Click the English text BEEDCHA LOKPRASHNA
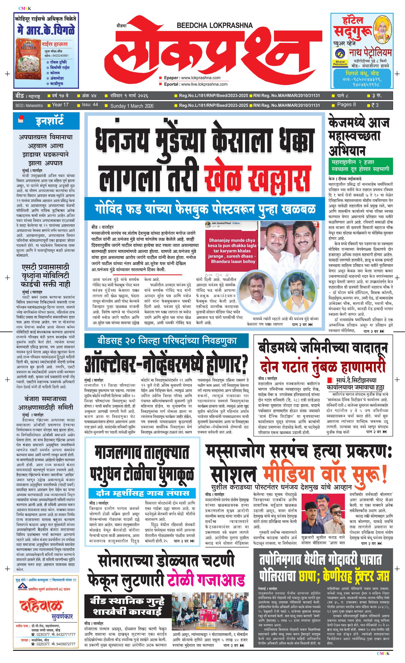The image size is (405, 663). (215, 26)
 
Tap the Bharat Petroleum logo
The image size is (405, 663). (340, 57)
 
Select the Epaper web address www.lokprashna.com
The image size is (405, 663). (201, 78)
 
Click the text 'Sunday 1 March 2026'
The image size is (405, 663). (132, 106)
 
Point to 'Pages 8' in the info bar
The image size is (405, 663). (346, 105)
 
